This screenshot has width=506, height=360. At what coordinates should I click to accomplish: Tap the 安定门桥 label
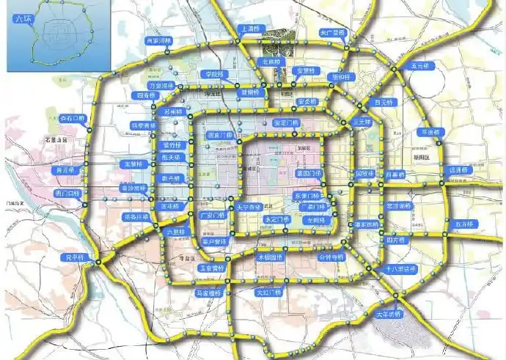pos(285,122)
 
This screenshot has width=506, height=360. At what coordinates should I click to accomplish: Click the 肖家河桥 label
pos(158,41)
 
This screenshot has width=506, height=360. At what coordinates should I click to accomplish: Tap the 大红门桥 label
pos(268,293)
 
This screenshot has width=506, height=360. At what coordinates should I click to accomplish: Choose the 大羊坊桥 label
pos(388,314)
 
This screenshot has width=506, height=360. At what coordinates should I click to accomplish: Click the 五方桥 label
pos(465,224)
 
